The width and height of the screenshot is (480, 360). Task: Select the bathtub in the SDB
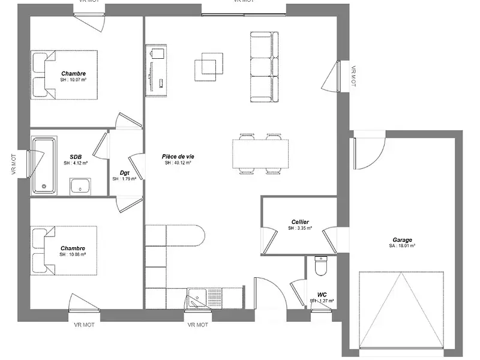[44, 164]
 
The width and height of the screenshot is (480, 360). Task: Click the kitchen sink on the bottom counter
[197, 298]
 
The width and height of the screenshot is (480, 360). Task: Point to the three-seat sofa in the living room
[265, 66]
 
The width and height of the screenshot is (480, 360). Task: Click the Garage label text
[403, 240]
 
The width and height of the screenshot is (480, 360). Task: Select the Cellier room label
[300, 222]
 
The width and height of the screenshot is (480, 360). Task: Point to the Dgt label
[125, 173]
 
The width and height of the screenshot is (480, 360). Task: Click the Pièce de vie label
[178, 156]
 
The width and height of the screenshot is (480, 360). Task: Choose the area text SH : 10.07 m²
[73, 80]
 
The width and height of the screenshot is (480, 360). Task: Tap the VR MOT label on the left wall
[13, 164]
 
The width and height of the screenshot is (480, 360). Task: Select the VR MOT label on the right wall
[353, 77]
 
